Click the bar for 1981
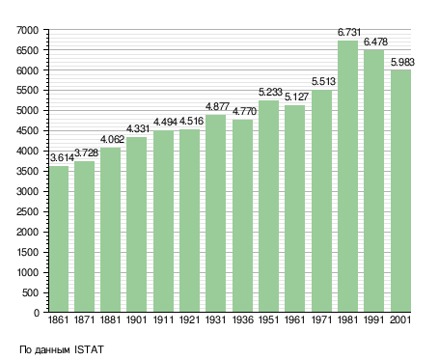(347, 177)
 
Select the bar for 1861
(59, 239)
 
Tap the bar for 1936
(242, 216)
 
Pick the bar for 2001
(400, 191)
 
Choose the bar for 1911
(163, 221)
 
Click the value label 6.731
(349, 32)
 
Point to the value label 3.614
(62, 157)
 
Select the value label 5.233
(270, 92)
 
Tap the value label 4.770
(244, 111)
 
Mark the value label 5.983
(402, 62)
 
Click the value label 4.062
(112, 139)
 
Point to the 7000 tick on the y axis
(27, 30)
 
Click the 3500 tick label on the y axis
(27, 171)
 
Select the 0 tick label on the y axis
(36, 313)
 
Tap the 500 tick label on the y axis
(30, 292)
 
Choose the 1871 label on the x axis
(84, 320)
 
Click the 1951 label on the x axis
(268, 320)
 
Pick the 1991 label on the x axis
(374, 320)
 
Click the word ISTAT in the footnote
(89, 349)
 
